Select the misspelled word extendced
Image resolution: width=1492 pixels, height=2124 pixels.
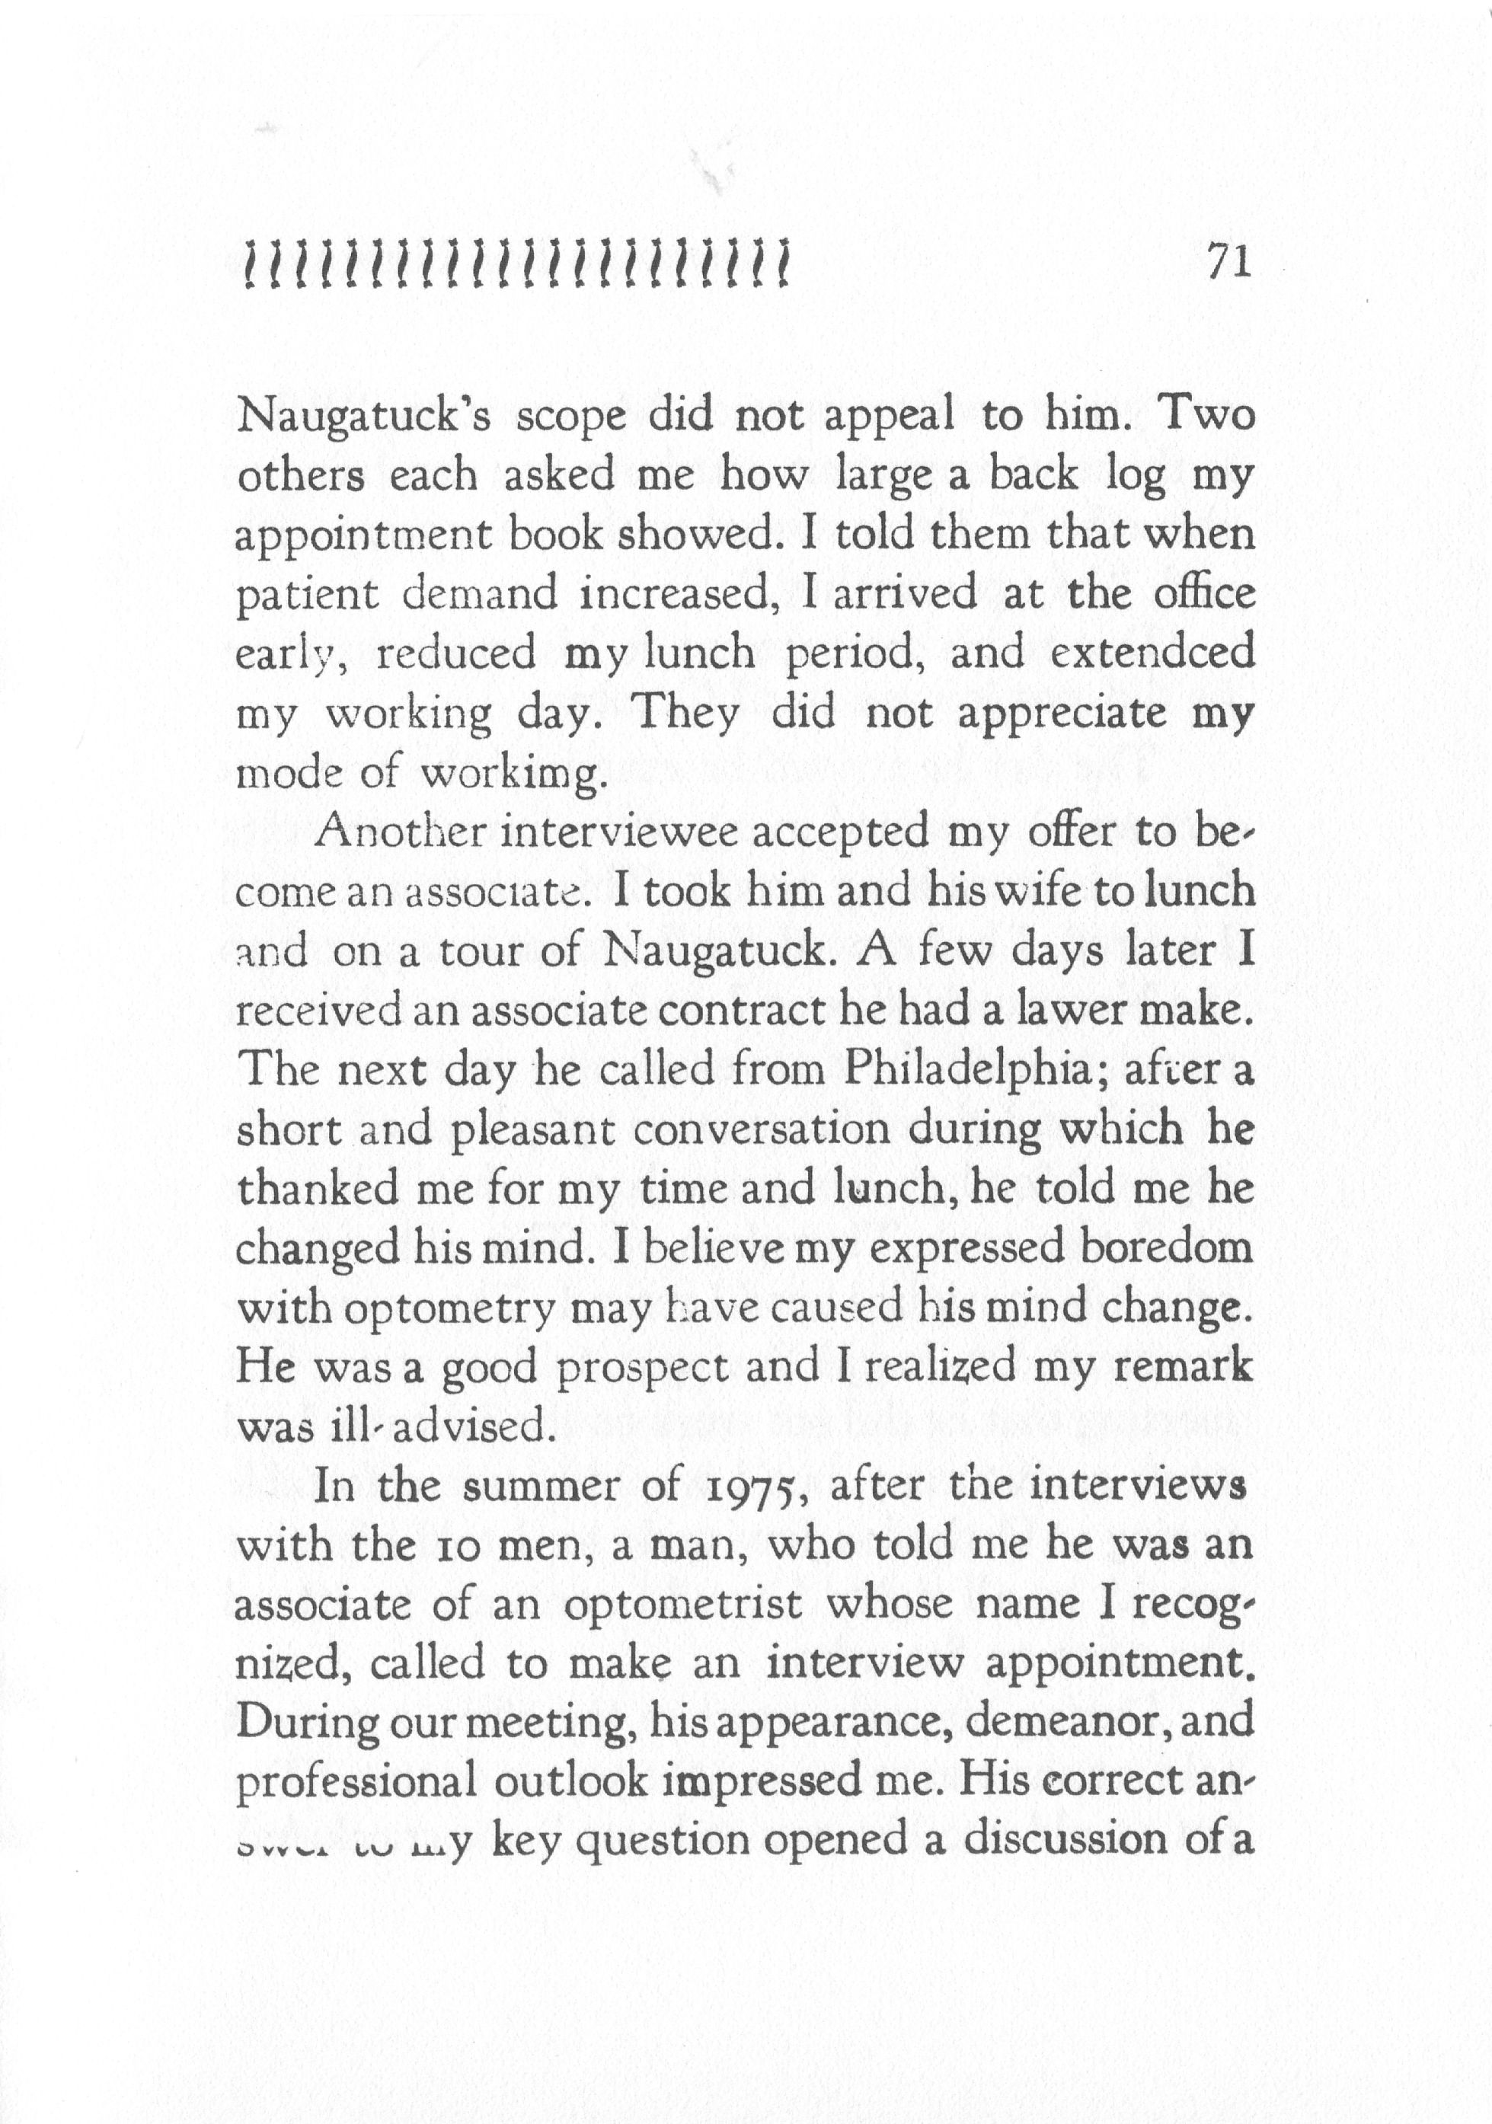(x=1152, y=653)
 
